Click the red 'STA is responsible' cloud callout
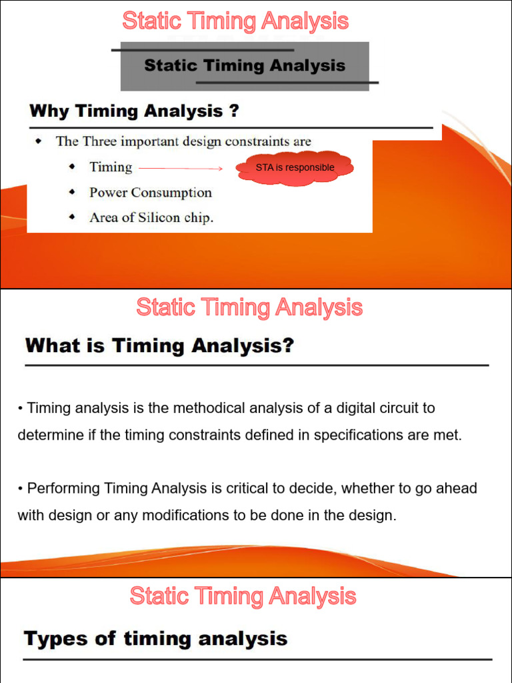295,168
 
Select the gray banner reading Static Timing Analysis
245,65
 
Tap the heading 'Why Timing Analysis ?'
134,111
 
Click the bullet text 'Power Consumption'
151,193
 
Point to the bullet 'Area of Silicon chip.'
151,217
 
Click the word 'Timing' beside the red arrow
111,167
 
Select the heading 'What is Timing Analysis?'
159,346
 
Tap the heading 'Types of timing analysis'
156,639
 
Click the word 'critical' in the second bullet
237,488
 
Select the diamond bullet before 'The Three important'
39,141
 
